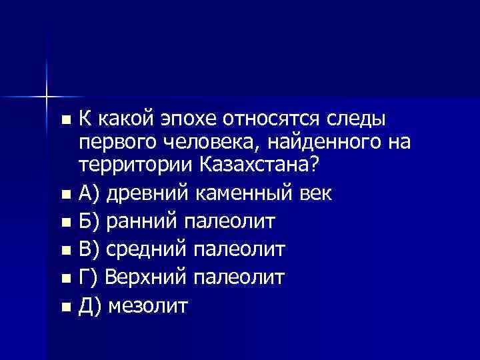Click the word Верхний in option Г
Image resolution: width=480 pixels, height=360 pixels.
(143, 277)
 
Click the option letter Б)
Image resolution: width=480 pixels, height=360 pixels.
(90, 222)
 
